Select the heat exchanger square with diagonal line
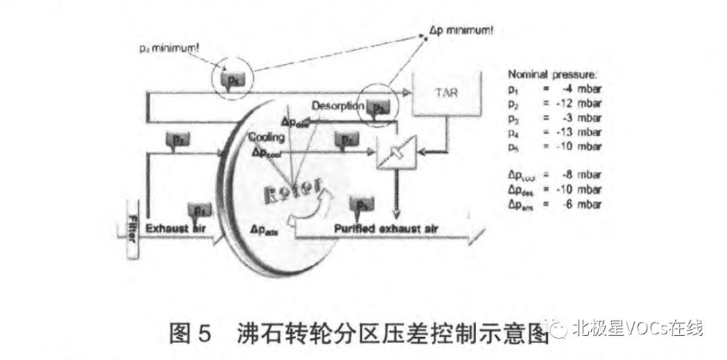[x=396, y=153]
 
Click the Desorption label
[x=337, y=106]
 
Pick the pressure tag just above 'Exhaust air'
[x=199, y=209]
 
